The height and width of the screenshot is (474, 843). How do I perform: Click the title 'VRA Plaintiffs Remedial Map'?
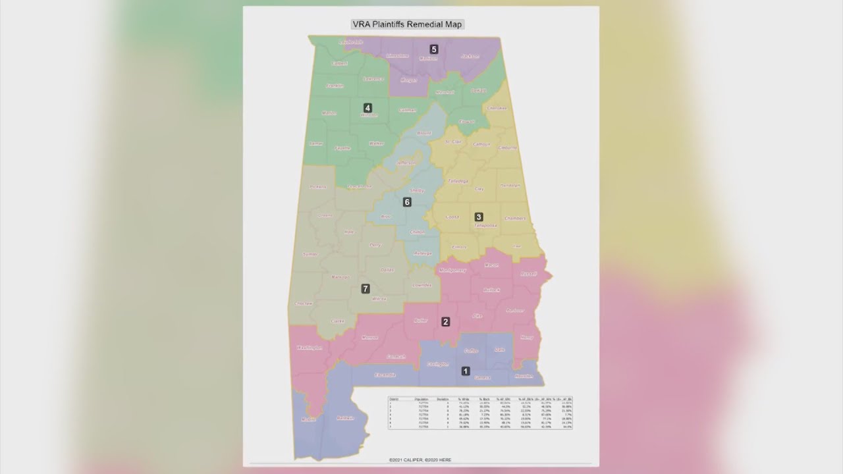[407, 24]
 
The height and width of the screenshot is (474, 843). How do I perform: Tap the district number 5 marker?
[433, 49]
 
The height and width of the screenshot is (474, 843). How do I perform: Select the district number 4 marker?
[367, 107]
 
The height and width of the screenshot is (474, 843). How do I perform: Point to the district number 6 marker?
[407, 202]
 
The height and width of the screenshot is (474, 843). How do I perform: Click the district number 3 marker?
[479, 217]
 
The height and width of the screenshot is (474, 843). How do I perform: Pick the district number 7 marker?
[366, 288]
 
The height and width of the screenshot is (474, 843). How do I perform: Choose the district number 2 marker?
[446, 322]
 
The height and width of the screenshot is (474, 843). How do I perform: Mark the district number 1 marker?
[466, 371]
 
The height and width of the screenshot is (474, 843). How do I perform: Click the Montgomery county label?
[452, 270]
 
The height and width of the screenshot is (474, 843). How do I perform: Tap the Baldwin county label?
[345, 418]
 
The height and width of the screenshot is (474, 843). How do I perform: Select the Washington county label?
[310, 347]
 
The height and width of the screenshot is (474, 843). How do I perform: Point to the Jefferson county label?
[406, 163]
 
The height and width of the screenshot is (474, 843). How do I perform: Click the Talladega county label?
[458, 180]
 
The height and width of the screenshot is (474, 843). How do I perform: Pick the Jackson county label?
[470, 57]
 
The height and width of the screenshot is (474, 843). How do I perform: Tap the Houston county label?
[524, 376]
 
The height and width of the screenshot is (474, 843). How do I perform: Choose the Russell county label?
[529, 274]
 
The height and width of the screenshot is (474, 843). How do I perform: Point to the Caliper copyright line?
[420, 459]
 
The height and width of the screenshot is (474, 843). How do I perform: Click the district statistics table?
[479, 413]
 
